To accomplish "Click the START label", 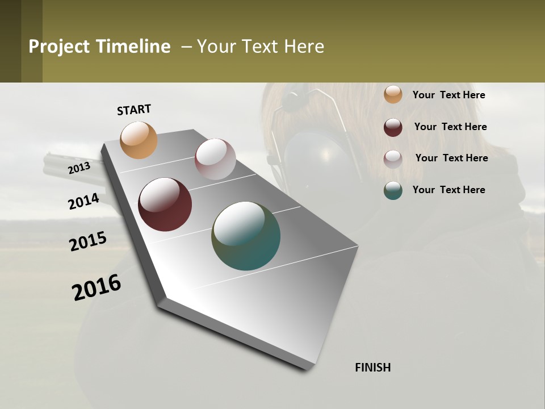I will [x=134, y=110].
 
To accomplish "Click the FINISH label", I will [x=373, y=368].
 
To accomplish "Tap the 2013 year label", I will [x=79, y=168].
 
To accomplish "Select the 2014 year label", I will [x=83, y=201].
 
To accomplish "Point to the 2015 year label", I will [x=88, y=241].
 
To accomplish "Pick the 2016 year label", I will [x=97, y=287].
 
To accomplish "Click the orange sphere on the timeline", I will [x=139, y=140].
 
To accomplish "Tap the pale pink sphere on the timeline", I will [x=215, y=159].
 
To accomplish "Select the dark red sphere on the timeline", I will [x=165, y=204].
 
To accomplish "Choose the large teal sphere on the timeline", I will [x=246, y=236].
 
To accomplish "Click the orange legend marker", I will [x=393, y=94].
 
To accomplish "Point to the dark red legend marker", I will [x=393, y=127].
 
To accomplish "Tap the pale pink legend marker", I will [x=393, y=159].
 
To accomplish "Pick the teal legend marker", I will [x=393, y=190].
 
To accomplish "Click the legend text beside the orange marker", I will [x=448, y=95].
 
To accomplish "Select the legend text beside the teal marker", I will [x=448, y=190].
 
